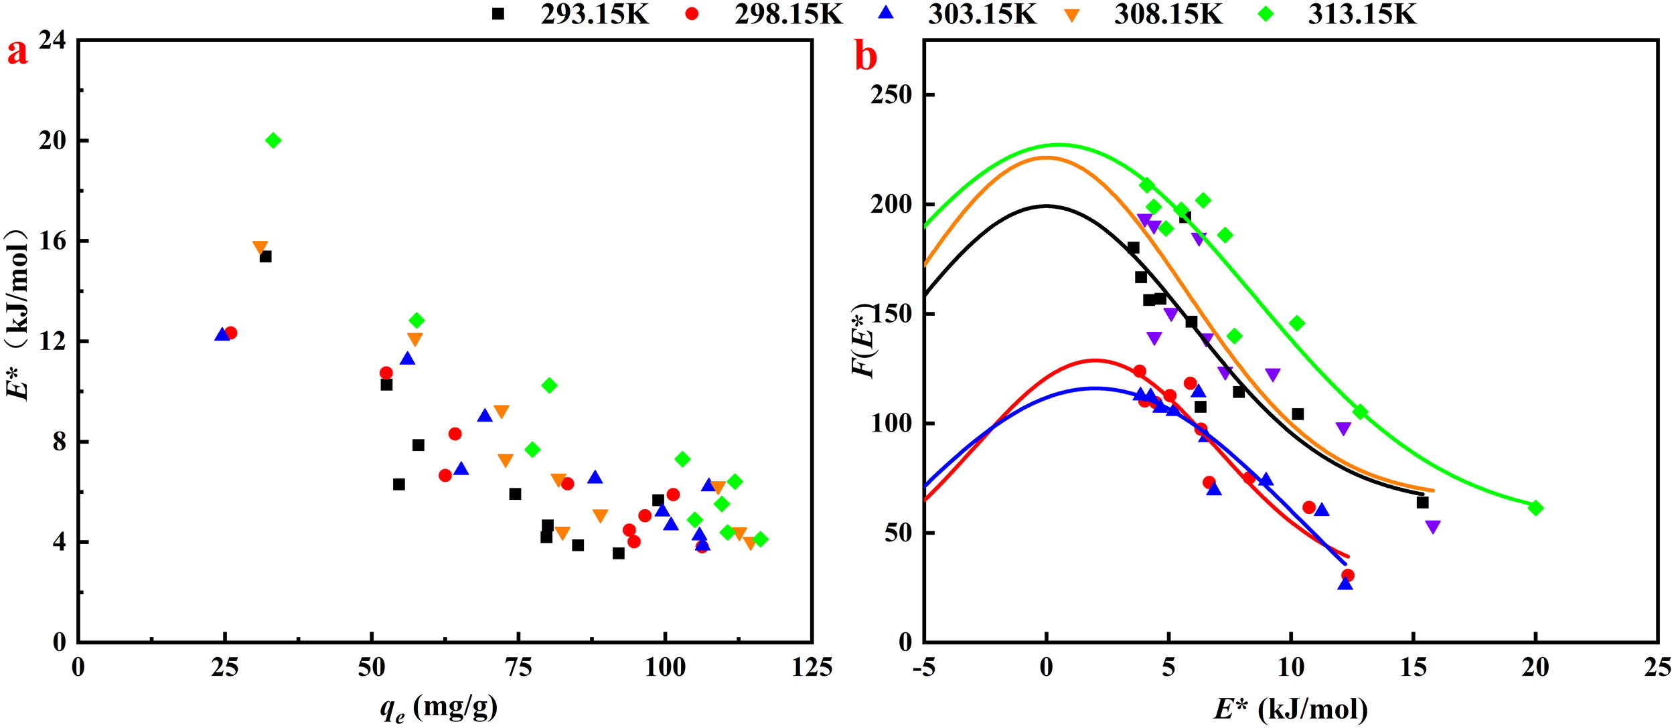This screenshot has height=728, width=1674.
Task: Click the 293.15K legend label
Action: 595,14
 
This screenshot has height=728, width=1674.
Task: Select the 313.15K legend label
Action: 1362,14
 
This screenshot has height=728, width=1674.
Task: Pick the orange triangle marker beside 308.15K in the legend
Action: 1072,15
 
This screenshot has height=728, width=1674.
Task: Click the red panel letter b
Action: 866,56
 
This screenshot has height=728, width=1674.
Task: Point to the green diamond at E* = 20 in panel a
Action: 273,141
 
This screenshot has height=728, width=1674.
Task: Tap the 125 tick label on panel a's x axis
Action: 812,667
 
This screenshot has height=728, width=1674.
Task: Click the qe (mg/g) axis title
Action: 439,708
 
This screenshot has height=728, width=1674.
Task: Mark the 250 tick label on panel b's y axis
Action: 892,95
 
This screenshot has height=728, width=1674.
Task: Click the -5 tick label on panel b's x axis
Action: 924,667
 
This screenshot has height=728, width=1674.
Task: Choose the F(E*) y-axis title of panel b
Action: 864,341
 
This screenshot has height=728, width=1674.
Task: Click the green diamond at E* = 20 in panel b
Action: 1536,508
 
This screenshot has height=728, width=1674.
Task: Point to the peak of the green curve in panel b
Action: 1058,144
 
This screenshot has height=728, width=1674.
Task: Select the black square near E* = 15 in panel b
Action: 1423,502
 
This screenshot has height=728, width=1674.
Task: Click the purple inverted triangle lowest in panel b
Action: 1433,527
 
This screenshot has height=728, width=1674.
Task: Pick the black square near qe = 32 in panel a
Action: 265,256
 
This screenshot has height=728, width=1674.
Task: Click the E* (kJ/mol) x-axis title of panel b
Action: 1291,708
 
